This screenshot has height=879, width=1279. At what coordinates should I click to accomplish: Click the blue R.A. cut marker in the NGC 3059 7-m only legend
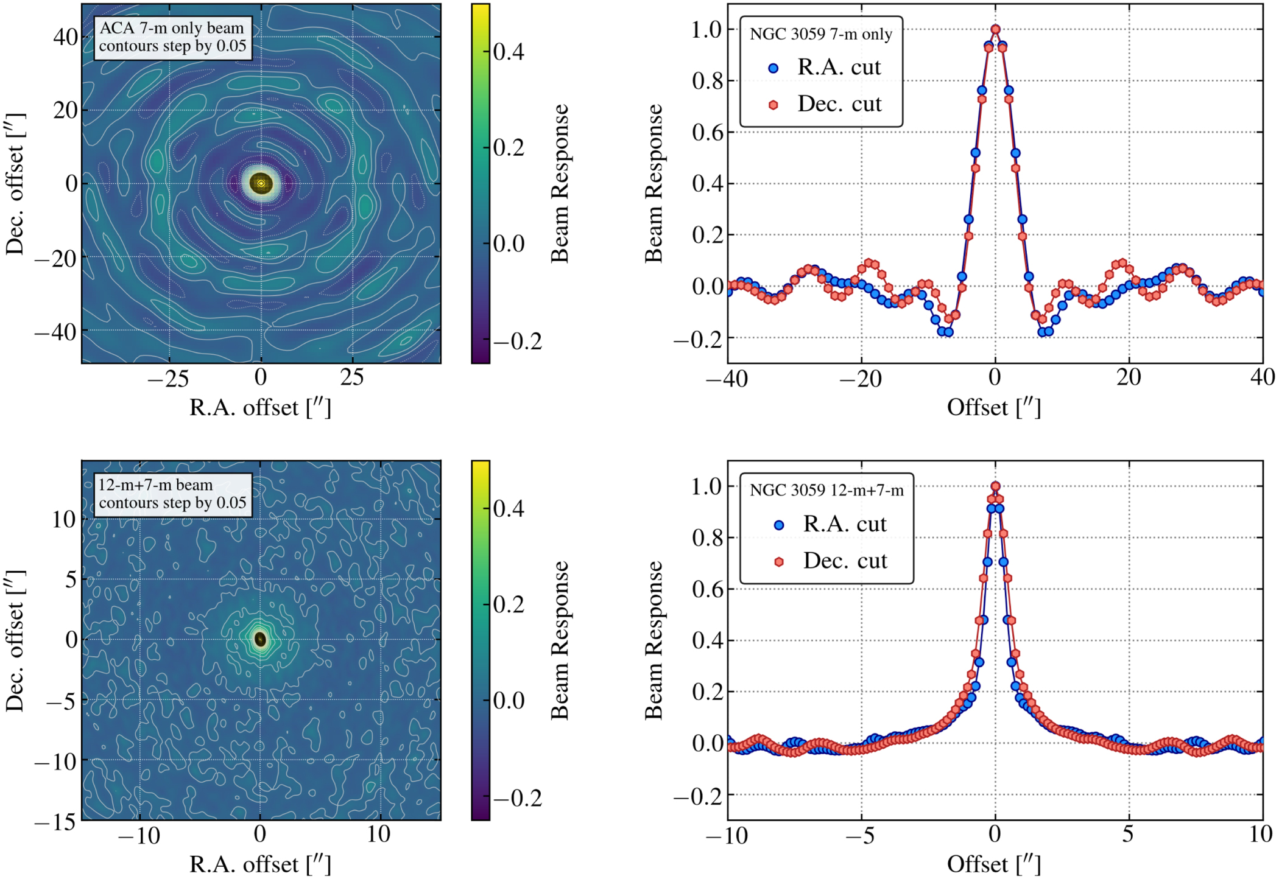tap(773, 68)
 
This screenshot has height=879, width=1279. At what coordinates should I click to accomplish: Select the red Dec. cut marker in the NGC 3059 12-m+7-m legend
tap(778, 561)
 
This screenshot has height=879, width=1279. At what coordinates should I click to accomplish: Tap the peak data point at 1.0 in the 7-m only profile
tap(995, 29)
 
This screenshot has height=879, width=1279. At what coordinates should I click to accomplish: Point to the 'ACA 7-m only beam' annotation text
tap(172, 28)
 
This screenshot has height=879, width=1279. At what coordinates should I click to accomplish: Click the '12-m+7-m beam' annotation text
tap(156, 485)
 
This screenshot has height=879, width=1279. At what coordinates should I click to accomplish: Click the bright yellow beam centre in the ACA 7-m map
tap(261, 183)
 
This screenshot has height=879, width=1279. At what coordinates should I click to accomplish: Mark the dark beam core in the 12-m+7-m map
tap(261, 639)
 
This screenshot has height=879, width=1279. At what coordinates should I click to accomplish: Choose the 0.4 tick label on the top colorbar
tap(509, 52)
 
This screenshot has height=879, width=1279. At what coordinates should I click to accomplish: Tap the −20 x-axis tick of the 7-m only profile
tap(861, 379)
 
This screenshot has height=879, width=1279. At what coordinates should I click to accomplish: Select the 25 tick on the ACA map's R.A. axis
tap(352, 378)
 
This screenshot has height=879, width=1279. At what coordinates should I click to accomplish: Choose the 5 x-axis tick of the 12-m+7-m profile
tap(1128, 835)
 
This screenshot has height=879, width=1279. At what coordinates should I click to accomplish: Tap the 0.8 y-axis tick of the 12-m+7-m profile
tap(708, 538)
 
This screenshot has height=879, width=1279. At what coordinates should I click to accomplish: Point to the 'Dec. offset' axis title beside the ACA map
tap(15, 183)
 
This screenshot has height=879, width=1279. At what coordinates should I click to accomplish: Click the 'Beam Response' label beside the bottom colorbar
tap(559, 640)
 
